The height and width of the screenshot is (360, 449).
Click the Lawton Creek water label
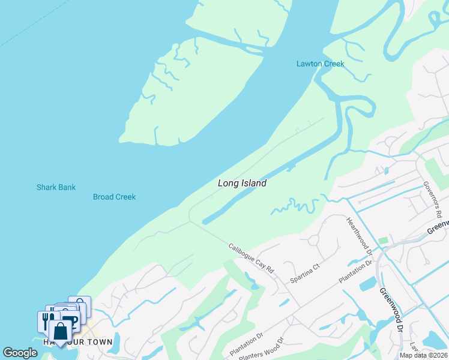pos(321,64)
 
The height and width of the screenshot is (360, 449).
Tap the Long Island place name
pos(242,183)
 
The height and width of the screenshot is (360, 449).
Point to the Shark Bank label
pos(56,187)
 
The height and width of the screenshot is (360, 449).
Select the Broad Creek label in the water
pos(114,197)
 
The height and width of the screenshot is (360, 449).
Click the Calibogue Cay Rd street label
pos(251,259)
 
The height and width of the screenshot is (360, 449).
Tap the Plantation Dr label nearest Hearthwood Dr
pos(355,271)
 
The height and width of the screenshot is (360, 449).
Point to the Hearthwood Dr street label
pos(360,236)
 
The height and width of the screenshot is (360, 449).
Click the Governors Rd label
pos(432,199)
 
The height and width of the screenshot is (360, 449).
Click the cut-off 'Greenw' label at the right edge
pos(438,227)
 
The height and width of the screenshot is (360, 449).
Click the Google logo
pos(20,353)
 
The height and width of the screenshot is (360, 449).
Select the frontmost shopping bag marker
pos(60,331)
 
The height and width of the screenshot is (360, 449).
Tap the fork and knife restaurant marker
pos(46,321)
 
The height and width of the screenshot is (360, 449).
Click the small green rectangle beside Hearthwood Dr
pos(383,241)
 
